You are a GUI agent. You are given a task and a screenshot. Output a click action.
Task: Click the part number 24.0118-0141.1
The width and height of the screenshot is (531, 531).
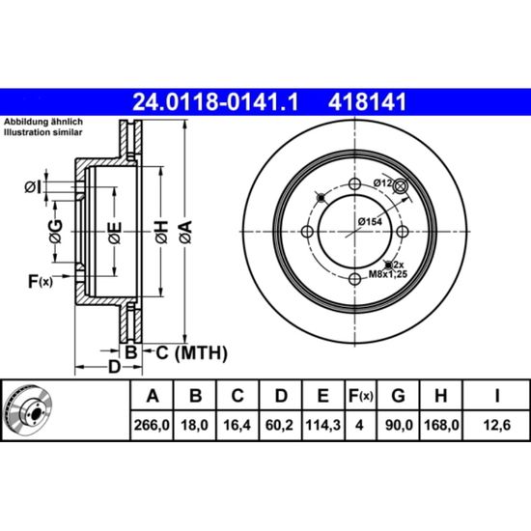[x=215, y=102]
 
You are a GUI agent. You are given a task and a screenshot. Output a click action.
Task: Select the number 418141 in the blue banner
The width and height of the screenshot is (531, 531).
[x=367, y=102]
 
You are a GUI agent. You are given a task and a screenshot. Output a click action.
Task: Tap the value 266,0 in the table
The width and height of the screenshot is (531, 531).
[x=152, y=425]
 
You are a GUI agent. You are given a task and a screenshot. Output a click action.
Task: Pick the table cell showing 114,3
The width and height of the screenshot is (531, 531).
[x=323, y=425]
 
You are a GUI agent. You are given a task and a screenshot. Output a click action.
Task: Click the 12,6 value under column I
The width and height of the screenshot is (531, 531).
[x=497, y=425]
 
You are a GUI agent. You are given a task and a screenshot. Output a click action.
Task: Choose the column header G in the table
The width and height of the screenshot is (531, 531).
[x=398, y=396]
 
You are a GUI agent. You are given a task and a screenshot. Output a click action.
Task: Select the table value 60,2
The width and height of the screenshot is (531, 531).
[x=279, y=425]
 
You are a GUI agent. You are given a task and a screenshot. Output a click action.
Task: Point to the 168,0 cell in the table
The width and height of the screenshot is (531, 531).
[x=441, y=425]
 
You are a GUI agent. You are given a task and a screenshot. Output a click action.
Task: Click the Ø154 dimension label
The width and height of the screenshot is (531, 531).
[x=370, y=222]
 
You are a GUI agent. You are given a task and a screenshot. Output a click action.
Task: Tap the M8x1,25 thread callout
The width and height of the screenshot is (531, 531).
[x=388, y=274]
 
